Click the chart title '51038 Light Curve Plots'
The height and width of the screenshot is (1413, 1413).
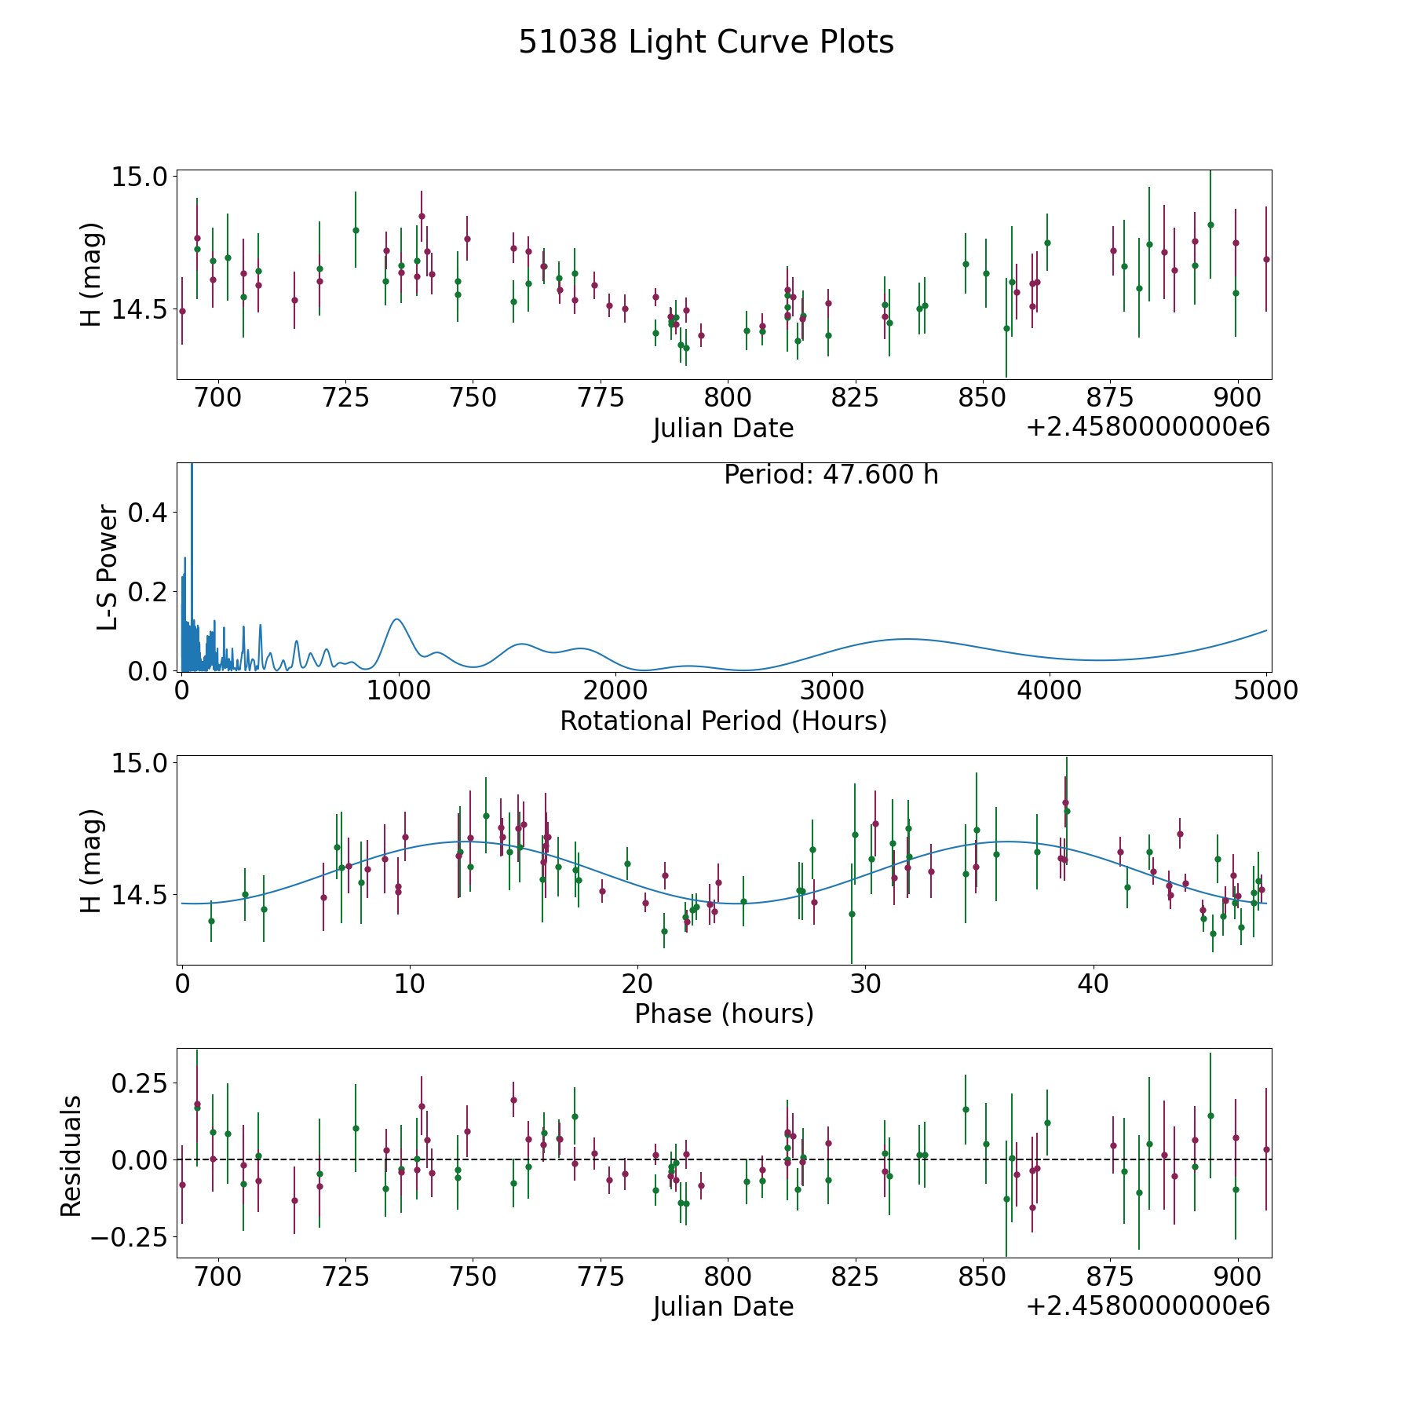click(706, 42)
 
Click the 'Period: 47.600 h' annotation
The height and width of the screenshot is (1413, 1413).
click(831, 475)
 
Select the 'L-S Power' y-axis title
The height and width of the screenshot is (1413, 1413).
click(108, 568)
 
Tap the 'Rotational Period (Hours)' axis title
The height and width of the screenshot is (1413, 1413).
click(723, 721)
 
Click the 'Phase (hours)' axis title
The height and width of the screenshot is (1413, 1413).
click(724, 1013)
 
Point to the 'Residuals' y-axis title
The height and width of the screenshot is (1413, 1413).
click(71, 1156)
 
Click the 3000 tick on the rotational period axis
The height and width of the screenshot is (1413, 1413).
click(831, 691)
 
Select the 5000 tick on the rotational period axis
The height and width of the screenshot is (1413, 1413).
click(1265, 691)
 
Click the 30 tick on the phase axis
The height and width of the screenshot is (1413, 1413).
click(865, 984)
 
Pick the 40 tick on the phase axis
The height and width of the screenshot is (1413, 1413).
click(1093, 984)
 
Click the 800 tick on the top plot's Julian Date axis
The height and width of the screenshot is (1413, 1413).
click(728, 398)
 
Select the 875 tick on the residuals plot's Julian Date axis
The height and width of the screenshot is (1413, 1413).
click(1110, 1276)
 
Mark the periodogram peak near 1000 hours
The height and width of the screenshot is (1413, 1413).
click(397, 619)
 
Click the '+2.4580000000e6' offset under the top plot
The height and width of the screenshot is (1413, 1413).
click(1148, 427)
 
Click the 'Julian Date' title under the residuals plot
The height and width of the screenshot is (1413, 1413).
click(723, 1306)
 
